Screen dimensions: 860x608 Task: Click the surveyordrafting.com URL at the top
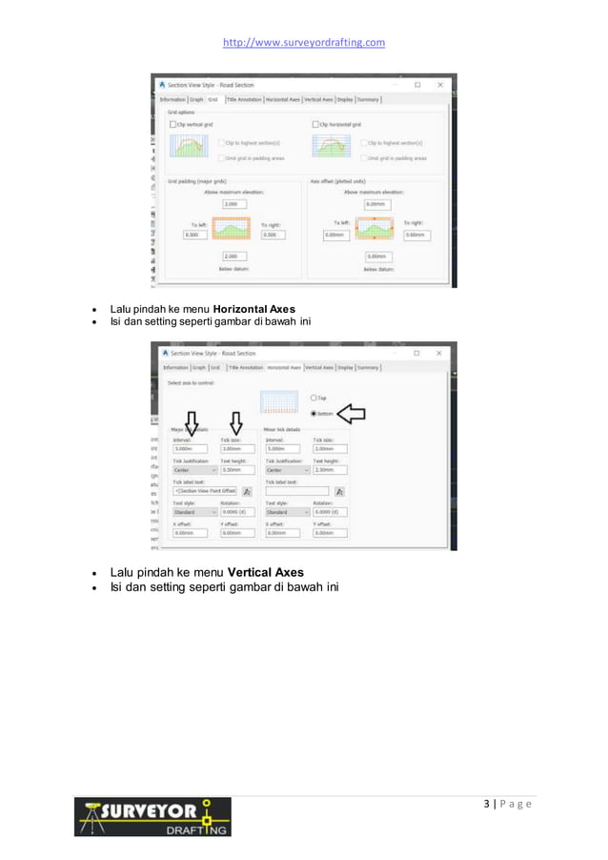303,42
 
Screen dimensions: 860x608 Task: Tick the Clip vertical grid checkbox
172,125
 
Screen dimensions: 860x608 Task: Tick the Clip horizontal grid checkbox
316,125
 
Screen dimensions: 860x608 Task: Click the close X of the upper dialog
439,84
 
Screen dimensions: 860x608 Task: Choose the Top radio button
313,398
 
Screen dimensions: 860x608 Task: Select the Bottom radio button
313,413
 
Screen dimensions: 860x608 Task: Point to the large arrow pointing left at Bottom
353,412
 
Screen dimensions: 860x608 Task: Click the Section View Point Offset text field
204,491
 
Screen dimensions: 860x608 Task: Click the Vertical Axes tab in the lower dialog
318,367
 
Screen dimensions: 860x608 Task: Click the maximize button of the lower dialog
416,353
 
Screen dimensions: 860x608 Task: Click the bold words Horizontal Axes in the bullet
253,309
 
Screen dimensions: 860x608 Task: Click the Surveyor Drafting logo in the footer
152,817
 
